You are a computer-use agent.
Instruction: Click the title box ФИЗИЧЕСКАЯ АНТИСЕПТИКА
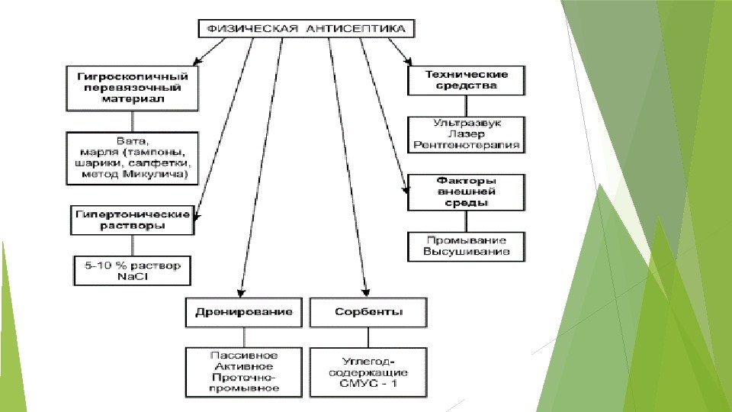(x=308, y=29)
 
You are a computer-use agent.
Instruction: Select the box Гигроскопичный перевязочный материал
(x=132, y=88)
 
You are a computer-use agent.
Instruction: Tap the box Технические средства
(x=467, y=80)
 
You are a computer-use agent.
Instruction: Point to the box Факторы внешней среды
(x=467, y=192)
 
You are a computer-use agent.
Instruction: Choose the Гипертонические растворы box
(x=132, y=220)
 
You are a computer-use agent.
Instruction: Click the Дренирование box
(x=243, y=313)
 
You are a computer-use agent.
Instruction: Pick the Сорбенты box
(x=368, y=313)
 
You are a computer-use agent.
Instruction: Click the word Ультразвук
(x=467, y=122)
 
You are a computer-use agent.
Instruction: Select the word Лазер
(x=467, y=133)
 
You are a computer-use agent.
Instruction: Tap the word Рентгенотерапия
(x=467, y=143)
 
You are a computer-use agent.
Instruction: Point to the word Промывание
(x=467, y=240)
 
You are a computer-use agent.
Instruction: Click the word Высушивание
(x=467, y=251)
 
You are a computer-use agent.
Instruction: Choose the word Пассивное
(x=244, y=355)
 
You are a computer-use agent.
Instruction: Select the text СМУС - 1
(x=368, y=383)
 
